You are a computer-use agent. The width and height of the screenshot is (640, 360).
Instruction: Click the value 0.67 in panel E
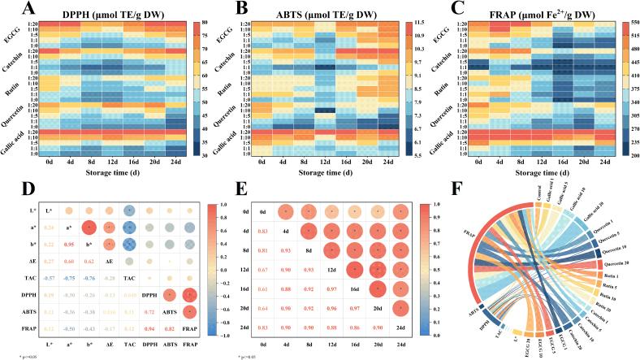262,291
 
